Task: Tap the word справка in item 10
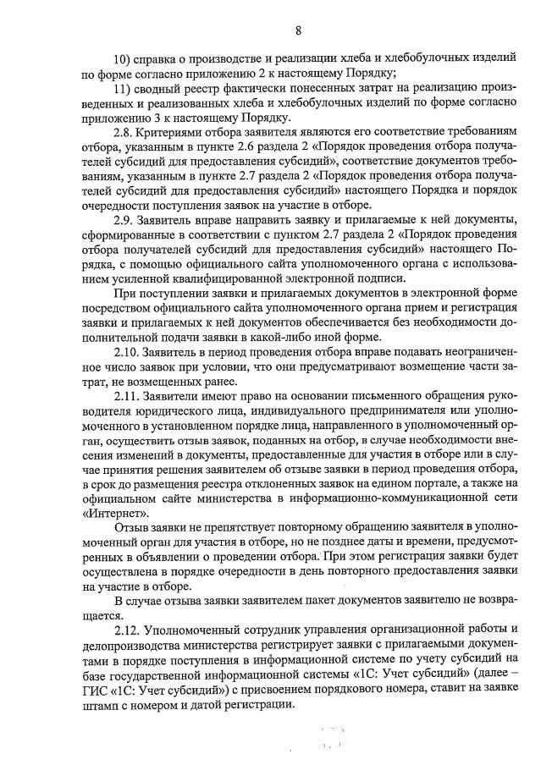tap(163, 58)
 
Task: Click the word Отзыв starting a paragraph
tap(132, 527)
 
